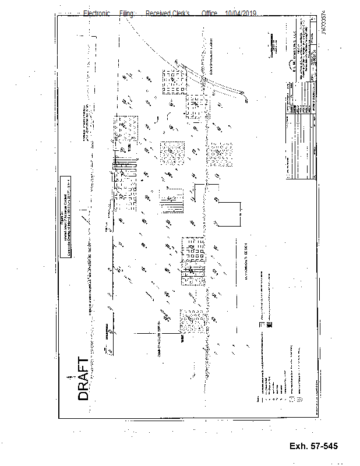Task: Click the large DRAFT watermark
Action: [x=84, y=379]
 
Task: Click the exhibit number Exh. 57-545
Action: [x=313, y=446]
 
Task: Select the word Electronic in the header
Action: [x=97, y=13]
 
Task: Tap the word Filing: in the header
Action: [x=127, y=13]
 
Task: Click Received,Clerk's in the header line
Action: [x=168, y=13]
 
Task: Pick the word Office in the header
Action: [x=210, y=13]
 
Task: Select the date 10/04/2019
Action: [x=241, y=13]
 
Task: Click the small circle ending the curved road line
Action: [x=246, y=100]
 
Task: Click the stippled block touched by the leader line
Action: [x=190, y=319]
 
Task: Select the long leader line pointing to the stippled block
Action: [x=157, y=333]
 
